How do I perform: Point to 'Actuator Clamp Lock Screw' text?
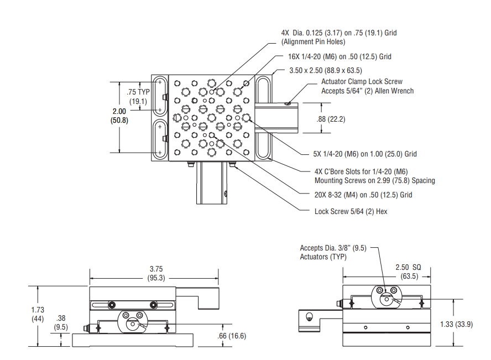361,82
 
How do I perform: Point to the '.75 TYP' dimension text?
138,92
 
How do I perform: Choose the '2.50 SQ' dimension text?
408,267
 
